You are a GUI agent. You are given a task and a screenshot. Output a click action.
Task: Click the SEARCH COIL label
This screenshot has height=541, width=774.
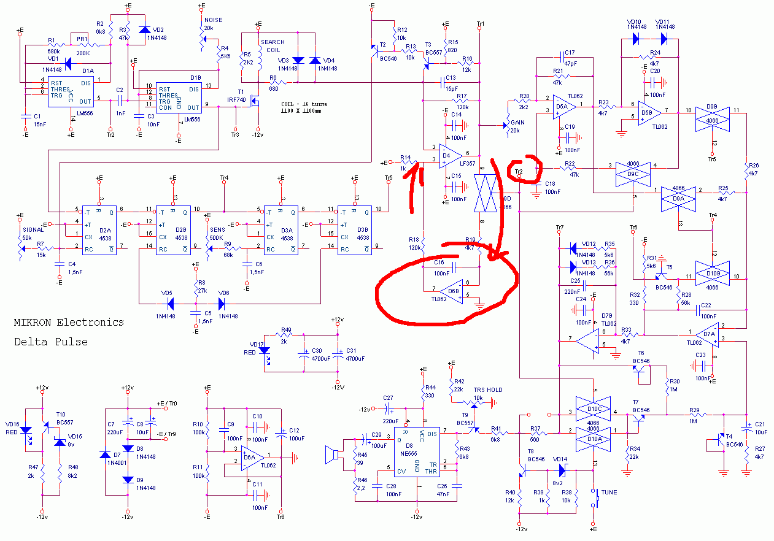tap(272, 46)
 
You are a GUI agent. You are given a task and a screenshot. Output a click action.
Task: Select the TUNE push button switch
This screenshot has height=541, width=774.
tap(594, 497)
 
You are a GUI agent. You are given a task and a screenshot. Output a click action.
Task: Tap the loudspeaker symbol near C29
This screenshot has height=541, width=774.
tap(333, 455)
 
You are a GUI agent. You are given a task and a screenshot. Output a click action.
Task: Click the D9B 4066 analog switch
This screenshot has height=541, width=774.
tap(712, 118)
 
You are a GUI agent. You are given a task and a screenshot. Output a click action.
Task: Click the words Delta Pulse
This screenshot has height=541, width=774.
tap(51, 342)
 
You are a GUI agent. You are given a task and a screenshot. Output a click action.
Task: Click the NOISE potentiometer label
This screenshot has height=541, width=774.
tap(213, 20)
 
